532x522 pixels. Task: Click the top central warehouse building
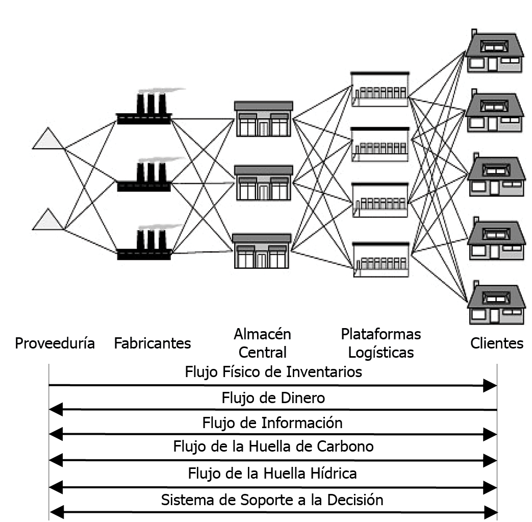[263, 119]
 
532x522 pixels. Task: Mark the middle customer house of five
[493, 177]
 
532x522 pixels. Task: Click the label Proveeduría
[55, 343]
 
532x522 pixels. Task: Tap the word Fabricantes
[153, 343]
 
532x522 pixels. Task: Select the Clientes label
[497, 343]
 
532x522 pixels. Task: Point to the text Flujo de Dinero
[273, 397]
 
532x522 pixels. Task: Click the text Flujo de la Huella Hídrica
[272, 473]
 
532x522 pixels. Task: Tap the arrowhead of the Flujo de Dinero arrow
[56, 409]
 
